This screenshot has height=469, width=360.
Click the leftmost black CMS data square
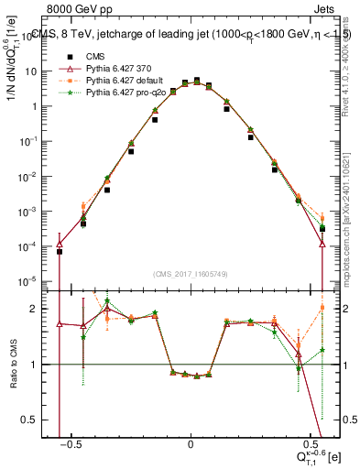point(60,250)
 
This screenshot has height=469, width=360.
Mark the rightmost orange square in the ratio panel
point(322,307)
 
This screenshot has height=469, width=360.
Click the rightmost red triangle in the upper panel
point(322,244)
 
